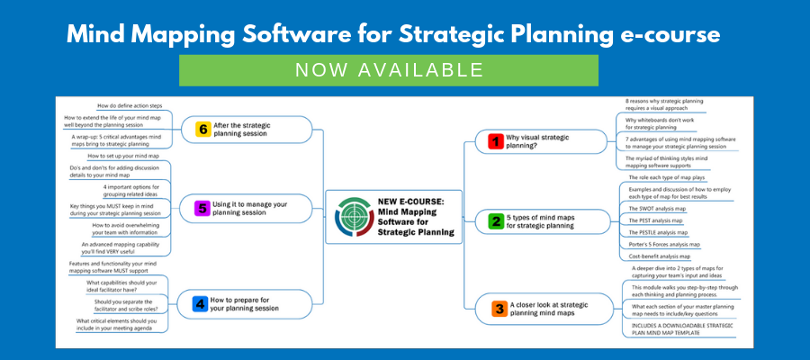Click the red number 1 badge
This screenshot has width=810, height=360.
[493, 141]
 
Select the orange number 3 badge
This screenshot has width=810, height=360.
[498, 309]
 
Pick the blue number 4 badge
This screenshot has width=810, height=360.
[199, 304]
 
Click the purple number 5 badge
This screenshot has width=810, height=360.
[202, 209]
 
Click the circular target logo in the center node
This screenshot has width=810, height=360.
[352, 217]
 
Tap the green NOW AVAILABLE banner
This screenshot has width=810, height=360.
[388, 70]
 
